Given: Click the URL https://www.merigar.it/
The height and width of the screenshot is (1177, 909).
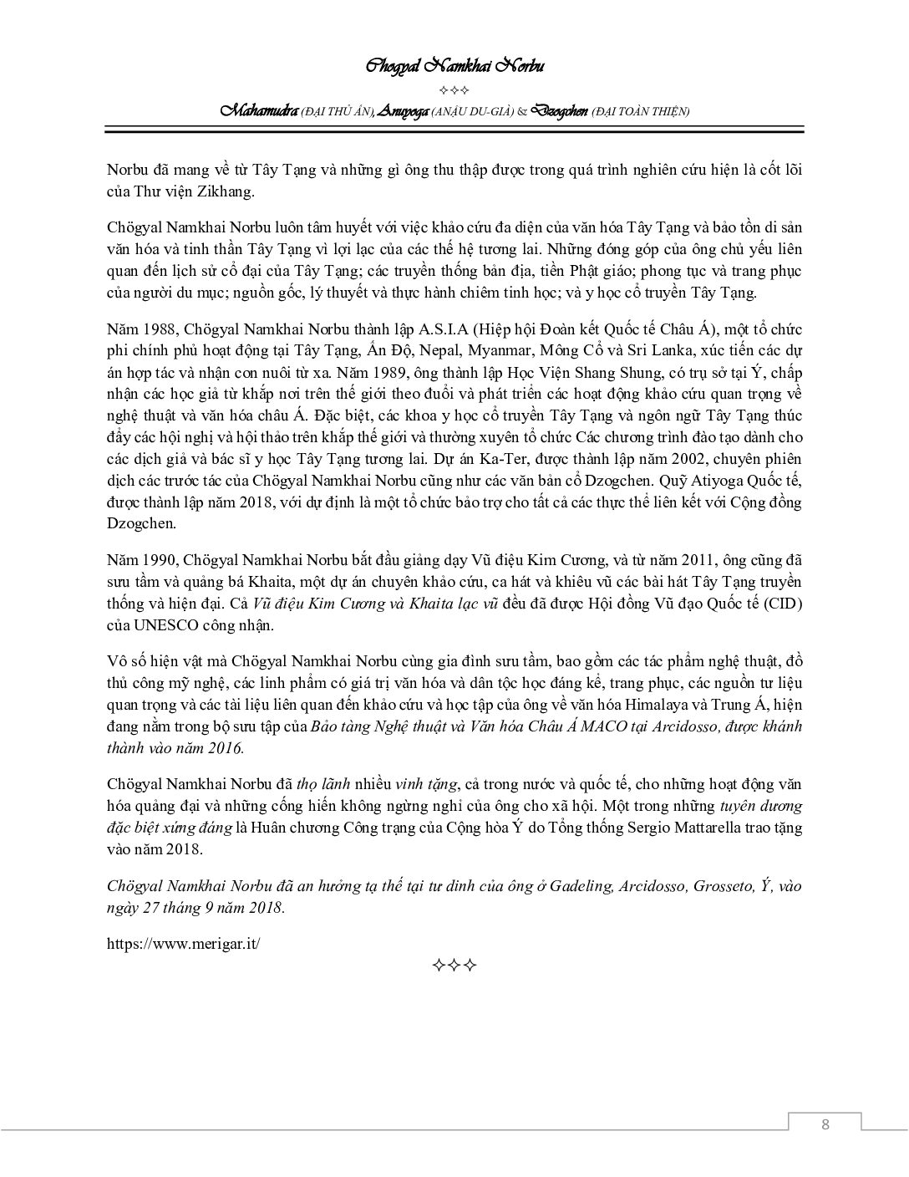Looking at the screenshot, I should [184, 943].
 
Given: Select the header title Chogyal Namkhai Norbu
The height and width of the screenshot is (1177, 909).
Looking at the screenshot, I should [454, 66].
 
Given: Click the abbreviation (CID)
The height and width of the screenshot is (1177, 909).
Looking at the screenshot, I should [783, 604].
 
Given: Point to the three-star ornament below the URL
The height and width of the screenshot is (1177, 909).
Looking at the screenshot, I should [454, 966].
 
